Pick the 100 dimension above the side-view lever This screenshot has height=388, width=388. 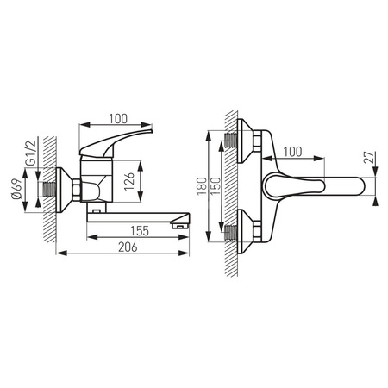[118, 118]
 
